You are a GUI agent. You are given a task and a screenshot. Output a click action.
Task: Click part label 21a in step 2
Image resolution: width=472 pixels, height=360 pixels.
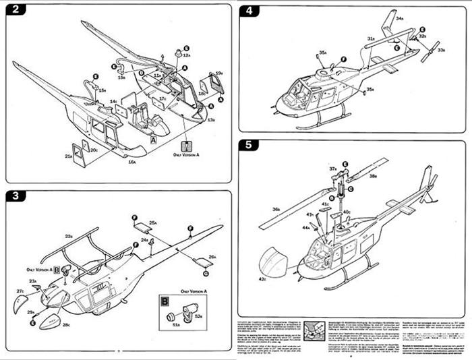click(x=69, y=156)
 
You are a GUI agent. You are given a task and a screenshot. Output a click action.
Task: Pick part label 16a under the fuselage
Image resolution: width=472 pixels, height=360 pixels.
click(x=132, y=162)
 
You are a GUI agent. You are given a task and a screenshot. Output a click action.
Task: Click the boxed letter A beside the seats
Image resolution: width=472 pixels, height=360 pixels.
click(x=154, y=140)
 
